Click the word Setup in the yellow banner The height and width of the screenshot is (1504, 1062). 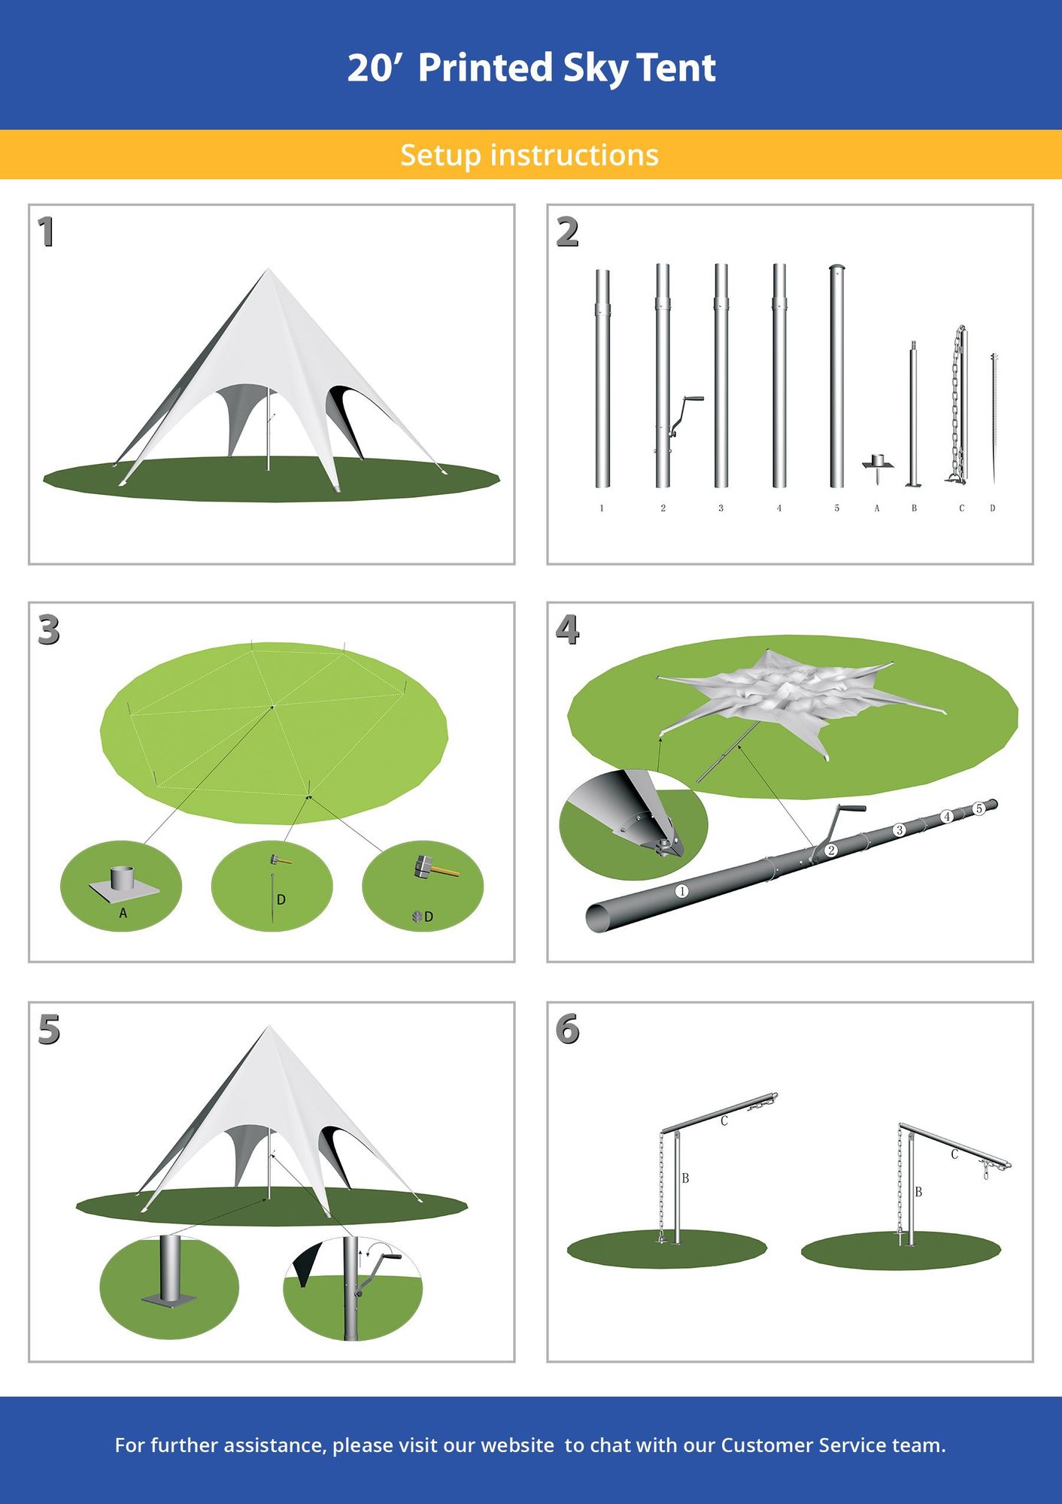click(440, 155)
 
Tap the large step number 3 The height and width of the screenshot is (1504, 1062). click(48, 630)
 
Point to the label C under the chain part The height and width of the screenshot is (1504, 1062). click(961, 508)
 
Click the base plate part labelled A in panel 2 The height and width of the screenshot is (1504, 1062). click(877, 464)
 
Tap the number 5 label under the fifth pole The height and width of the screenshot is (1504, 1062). click(836, 508)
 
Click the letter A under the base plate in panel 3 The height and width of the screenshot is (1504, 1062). click(123, 914)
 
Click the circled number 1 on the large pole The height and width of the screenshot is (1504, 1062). click(681, 891)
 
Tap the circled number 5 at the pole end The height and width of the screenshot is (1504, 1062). click(979, 808)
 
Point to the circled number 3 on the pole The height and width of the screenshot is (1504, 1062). click(899, 830)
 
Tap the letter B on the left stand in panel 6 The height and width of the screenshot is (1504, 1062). click(685, 1178)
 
